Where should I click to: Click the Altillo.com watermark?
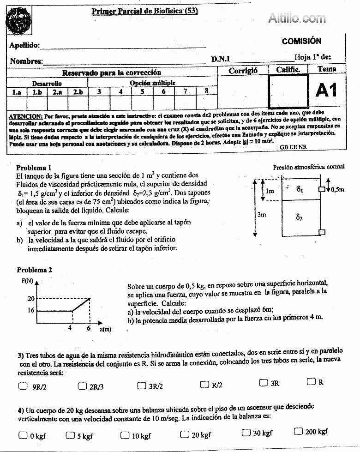click(297, 18)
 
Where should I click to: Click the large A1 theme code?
click(327, 90)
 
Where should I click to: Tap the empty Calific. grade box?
click(289, 91)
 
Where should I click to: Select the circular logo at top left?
click(19, 20)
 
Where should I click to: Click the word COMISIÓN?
click(301, 41)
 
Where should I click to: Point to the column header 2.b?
click(77, 92)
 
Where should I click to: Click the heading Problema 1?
click(34, 168)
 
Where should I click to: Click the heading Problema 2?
click(35, 270)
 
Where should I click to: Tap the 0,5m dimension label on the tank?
click(338, 189)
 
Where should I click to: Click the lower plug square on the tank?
click(323, 232)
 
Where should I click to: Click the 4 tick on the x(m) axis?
click(70, 328)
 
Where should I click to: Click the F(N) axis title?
click(26, 281)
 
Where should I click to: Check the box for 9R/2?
click(23, 386)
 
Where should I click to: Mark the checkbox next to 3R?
click(263, 382)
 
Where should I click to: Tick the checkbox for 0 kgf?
click(23, 435)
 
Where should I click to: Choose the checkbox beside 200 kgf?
click(298, 431)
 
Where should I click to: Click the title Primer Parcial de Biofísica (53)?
click(144, 12)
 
